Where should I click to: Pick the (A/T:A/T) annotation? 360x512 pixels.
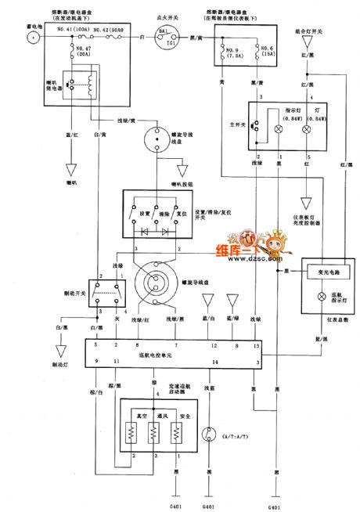coord(238,436)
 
